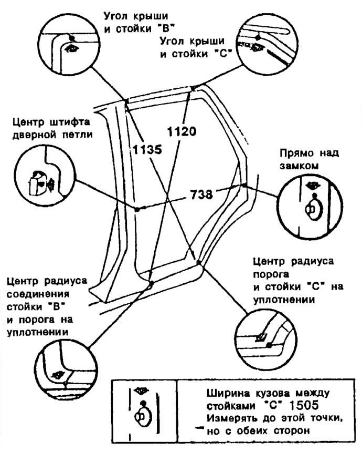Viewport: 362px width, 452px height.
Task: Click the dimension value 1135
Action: (147, 149)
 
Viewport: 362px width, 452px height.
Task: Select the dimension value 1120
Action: (182, 131)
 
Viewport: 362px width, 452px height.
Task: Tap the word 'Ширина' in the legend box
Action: (227, 394)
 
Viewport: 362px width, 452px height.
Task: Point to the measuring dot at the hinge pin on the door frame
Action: (137, 209)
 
